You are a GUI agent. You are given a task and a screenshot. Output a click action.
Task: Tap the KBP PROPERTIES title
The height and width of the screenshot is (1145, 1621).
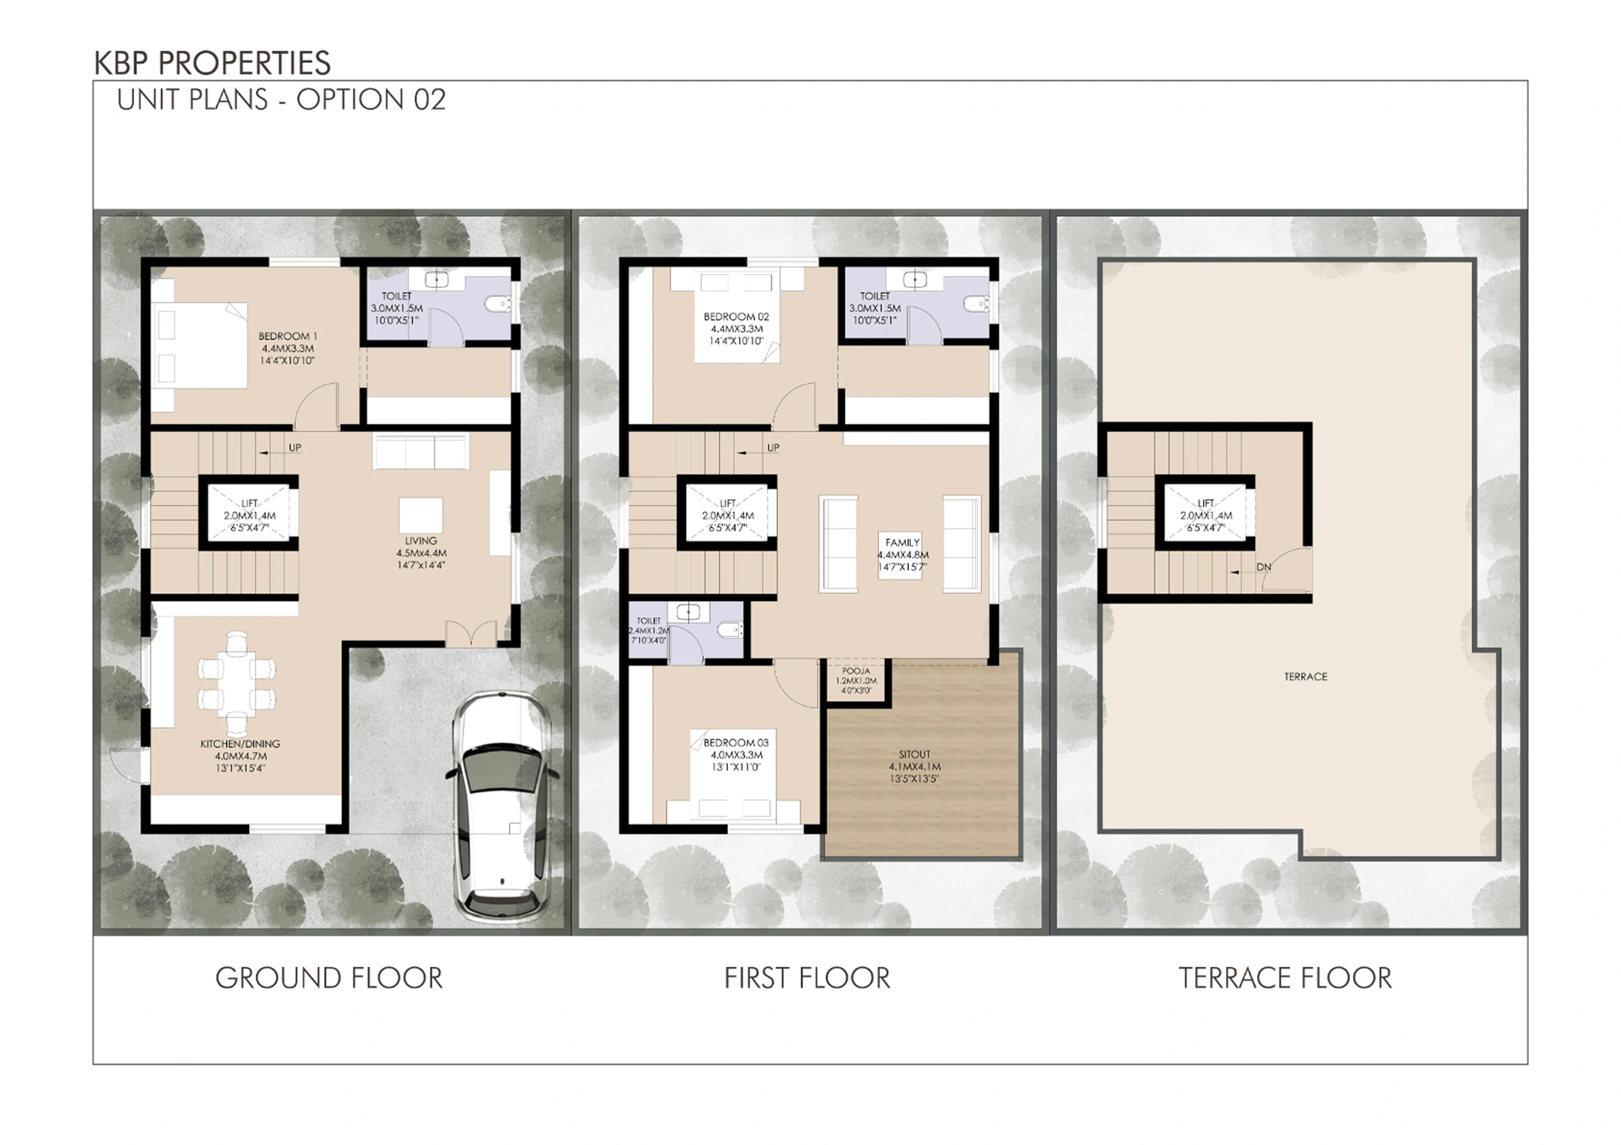(213, 63)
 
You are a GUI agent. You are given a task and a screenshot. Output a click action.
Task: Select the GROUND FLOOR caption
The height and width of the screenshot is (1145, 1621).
(329, 979)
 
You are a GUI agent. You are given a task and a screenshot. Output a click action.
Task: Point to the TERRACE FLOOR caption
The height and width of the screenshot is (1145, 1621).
(1285, 979)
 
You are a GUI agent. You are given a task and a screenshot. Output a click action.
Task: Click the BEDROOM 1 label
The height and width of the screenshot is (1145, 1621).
(287, 336)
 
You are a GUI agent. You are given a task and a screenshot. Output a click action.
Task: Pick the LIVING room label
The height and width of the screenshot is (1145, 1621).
(422, 541)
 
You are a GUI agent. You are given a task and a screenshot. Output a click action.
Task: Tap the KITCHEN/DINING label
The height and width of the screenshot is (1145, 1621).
(240, 744)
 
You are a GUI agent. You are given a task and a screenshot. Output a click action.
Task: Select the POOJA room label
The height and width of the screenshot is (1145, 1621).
(856, 671)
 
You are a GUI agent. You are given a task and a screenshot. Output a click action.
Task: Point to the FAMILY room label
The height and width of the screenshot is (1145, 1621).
(902, 542)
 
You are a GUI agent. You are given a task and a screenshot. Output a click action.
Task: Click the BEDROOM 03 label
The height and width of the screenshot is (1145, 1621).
(736, 743)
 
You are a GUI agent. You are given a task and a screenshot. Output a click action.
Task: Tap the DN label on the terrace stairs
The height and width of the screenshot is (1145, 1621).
(1264, 567)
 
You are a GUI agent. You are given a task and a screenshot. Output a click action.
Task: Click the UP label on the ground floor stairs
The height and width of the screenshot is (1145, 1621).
(295, 447)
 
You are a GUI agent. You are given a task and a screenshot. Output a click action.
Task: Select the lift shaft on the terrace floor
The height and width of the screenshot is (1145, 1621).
(1206, 515)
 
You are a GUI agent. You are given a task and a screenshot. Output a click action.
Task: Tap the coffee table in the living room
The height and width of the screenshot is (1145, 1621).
(422, 515)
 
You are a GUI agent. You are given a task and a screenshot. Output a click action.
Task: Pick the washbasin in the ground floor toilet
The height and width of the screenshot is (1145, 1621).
(437, 280)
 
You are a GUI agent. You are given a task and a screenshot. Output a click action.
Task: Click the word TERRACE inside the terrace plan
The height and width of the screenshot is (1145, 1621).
(1305, 676)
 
